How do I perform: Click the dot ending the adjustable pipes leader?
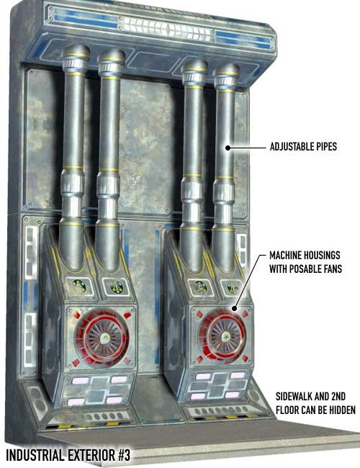(228, 148)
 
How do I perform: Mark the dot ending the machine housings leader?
(235, 308)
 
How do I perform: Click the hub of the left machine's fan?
(104, 338)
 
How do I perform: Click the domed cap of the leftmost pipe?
(76, 51)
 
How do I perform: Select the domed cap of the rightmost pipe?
(227, 69)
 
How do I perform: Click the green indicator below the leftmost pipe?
(79, 286)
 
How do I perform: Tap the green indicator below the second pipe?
(116, 287)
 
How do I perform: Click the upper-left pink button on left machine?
(80, 381)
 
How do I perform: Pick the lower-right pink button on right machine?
(233, 395)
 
